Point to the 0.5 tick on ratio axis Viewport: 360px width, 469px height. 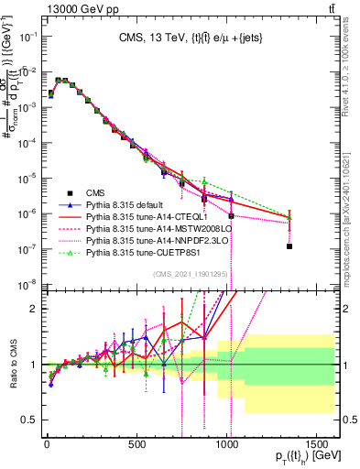click(x=28, y=420)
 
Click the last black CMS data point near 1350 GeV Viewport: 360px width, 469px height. click(x=289, y=246)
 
